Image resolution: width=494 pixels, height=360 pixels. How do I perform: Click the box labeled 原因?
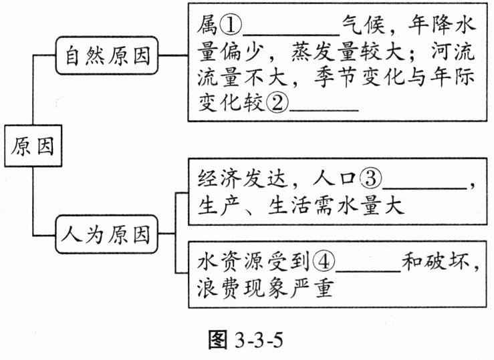pos(31,145)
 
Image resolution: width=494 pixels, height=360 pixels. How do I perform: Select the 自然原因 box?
pos(108,57)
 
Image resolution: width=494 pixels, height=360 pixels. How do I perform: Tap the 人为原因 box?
pos(107,234)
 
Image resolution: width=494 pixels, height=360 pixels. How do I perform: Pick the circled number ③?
pos(369,178)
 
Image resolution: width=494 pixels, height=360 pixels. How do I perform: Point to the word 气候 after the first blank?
pos(364,26)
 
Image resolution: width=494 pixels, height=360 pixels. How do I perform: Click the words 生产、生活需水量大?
pos(301,205)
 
